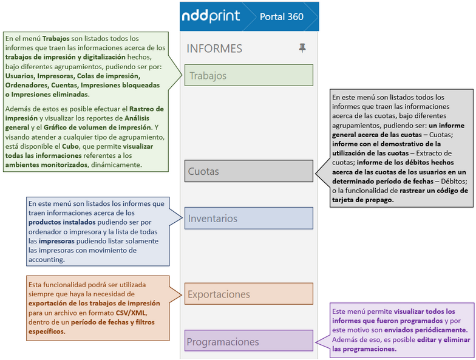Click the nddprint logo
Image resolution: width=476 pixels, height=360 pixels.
point(211,16)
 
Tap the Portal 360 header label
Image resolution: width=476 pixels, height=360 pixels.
point(281,16)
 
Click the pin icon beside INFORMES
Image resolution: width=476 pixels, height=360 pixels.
point(302,48)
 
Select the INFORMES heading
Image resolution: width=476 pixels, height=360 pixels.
point(214,49)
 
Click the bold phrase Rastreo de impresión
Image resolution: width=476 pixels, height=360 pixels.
point(129,110)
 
